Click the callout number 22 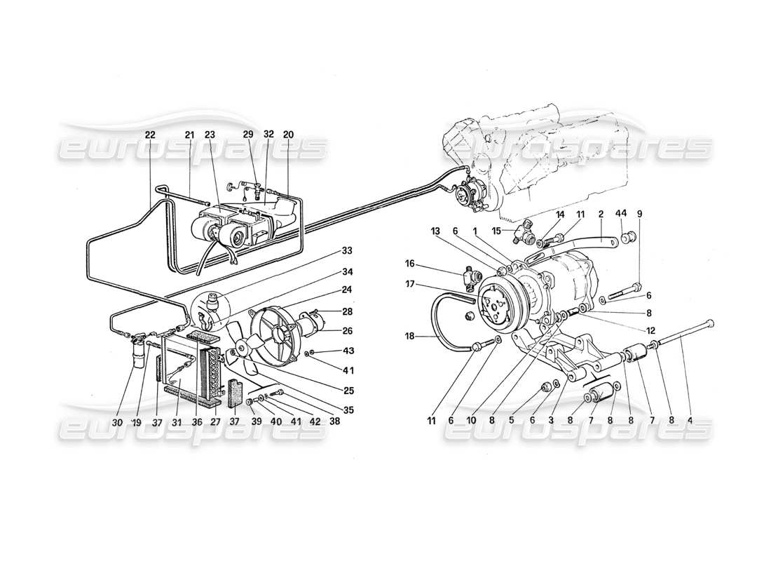pos(150,134)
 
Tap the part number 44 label pos(620,213)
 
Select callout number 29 pos(247,134)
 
